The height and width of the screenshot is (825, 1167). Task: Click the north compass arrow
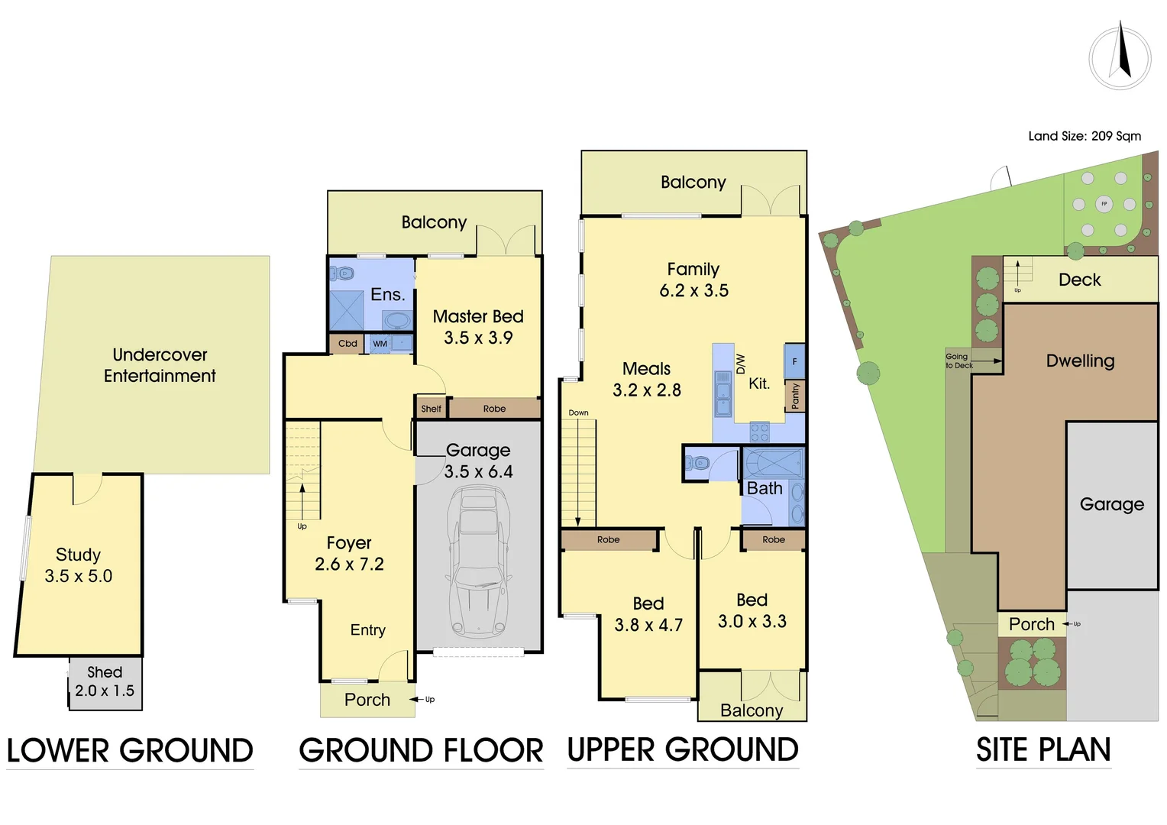(1123, 52)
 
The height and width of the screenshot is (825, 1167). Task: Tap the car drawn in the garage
(479, 561)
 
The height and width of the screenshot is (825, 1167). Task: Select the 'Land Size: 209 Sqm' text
(1084, 136)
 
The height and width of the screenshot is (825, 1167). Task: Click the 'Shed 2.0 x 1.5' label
(105, 681)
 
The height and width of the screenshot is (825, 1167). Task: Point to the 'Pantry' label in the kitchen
(795, 396)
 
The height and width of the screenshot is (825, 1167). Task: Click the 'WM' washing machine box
(380, 344)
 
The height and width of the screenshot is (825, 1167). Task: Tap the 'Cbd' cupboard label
(348, 344)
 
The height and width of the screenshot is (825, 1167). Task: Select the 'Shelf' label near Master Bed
(431, 409)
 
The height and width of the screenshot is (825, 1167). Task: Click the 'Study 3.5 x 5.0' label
(79, 565)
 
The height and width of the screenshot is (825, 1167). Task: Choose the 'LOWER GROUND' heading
(130, 751)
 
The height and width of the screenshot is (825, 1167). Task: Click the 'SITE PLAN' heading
(1043, 750)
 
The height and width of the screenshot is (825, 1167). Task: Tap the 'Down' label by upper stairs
(578, 412)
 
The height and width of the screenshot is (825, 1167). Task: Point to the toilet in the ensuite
(344, 273)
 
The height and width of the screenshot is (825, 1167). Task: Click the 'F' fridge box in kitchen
(794, 361)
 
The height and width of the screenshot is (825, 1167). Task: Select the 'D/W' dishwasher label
(739, 364)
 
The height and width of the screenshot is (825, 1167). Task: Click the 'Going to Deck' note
(959, 361)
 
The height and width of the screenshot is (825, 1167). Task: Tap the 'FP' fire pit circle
(1104, 204)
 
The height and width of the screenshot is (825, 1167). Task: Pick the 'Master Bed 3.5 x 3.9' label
(478, 327)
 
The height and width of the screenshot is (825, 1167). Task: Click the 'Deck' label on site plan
(1079, 280)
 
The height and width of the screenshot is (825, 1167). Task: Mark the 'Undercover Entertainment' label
(160, 365)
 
